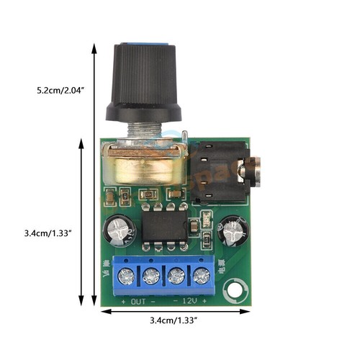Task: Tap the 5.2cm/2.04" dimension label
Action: click(61, 91)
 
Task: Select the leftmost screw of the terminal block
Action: click(127, 275)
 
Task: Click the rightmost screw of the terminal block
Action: click(202, 275)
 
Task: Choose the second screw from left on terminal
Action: click(152, 275)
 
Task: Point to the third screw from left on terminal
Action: click(177, 275)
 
